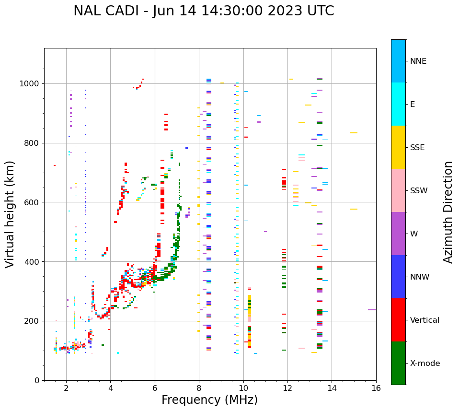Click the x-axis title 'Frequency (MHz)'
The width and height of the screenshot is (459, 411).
click(x=209, y=400)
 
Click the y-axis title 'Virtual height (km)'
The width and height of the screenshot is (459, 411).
click(x=10, y=214)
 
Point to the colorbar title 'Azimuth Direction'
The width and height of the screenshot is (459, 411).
click(x=448, y=212)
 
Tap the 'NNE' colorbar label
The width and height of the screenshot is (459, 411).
click(x=418, y=61)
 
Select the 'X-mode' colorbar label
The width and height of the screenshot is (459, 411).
click(x=425, y=364)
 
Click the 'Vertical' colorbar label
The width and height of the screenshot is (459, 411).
click(x=425, y=320)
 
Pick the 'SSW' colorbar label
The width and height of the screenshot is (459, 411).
click(x=419, y=191)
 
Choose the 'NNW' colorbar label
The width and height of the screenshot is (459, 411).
click(x=420, y=277)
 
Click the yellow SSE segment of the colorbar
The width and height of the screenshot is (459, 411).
click(x=398, y=147)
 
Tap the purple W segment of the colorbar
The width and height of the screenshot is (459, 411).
click(x=398, y=234)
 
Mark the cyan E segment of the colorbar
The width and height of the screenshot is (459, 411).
click(x=398, y=104)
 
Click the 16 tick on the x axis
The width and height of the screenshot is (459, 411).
click(x=376, y=388)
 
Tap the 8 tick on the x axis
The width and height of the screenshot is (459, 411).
click(x=199, y=388)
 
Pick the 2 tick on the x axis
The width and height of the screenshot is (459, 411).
click(x=66, y=388)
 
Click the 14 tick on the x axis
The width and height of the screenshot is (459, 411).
click(x=332, y=388)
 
